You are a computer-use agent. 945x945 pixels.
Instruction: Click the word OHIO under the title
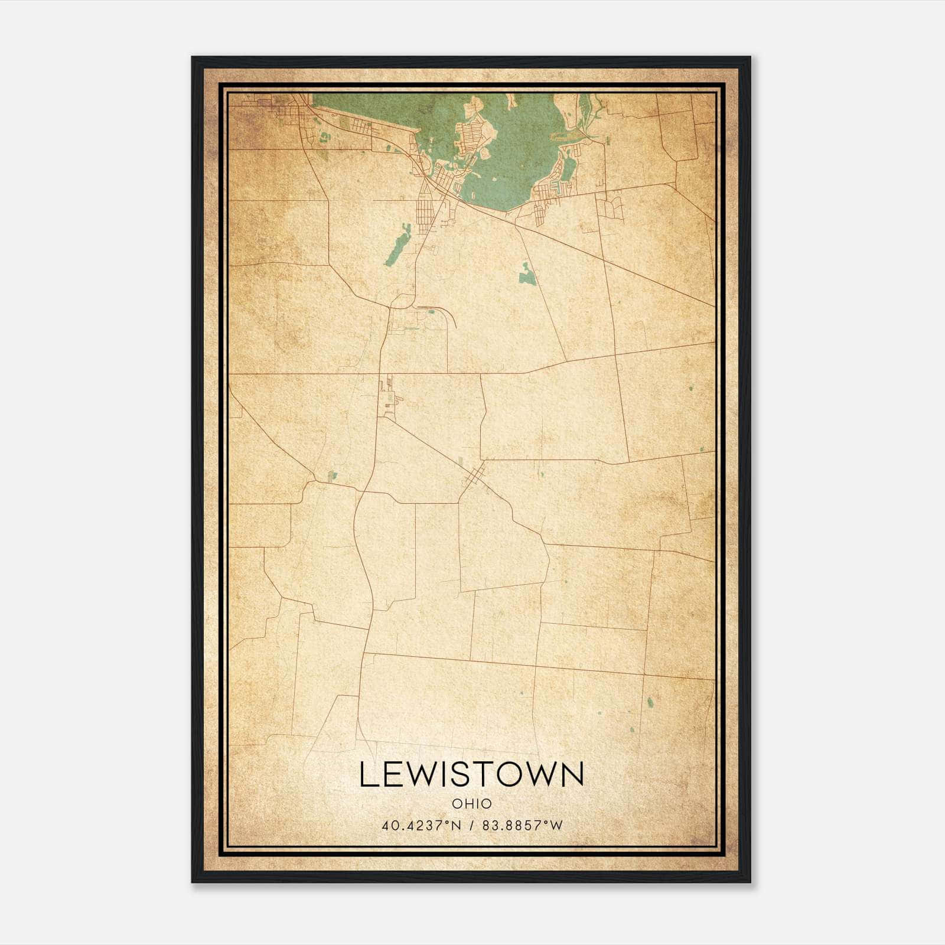[x=471, y=804]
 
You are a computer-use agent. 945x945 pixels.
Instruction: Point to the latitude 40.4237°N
[x=421, y=826]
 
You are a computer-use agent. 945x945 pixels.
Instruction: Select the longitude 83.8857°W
[x=522, y=826]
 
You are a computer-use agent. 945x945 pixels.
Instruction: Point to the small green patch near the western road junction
[x=332, y=475]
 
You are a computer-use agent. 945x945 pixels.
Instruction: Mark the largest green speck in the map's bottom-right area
[x=650, y=702]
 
